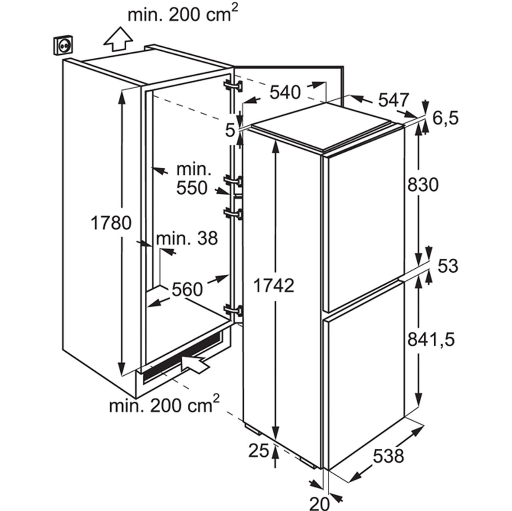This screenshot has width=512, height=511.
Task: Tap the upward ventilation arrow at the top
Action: pyautogui.click(x=118, y=39)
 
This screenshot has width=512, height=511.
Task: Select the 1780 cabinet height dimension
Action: pyautogui.click(x=111, y=223)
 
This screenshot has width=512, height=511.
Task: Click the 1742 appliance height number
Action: pyautogui.click(x=274, y=285)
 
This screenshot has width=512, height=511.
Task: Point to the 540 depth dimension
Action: pyautogui.click(x=285, y=93)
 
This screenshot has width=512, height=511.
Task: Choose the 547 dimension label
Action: pyautogui.click(x=393, y=100)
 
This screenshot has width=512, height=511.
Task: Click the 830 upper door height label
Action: pyautogui.click(x=423, y=185)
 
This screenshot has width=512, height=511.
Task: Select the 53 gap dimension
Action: pyautogui.click(x=448, y=266)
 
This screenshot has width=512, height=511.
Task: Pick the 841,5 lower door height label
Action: pyautogui.click(x=431, y=340)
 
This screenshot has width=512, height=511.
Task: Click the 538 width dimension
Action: pyautogui.click(x=388, y=456)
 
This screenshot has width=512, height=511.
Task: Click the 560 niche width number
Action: pyautogui.click(x=187, y=289)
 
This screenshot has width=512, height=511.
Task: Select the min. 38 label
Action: pyautogui.click(x=187, y=238)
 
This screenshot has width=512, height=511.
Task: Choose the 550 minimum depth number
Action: pyautogui.click(x=192, y=188)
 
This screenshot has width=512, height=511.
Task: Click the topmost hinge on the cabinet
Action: pyautogui.click(x=233, y=87)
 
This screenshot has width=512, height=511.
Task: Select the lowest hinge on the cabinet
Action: pyautogui.click(x=233, y=311)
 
